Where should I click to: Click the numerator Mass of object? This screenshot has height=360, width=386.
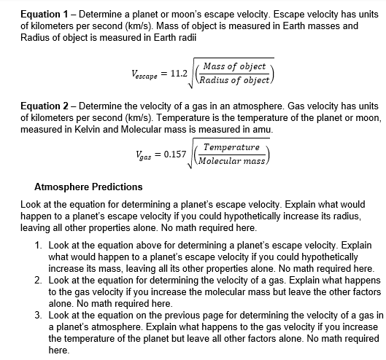234,66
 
